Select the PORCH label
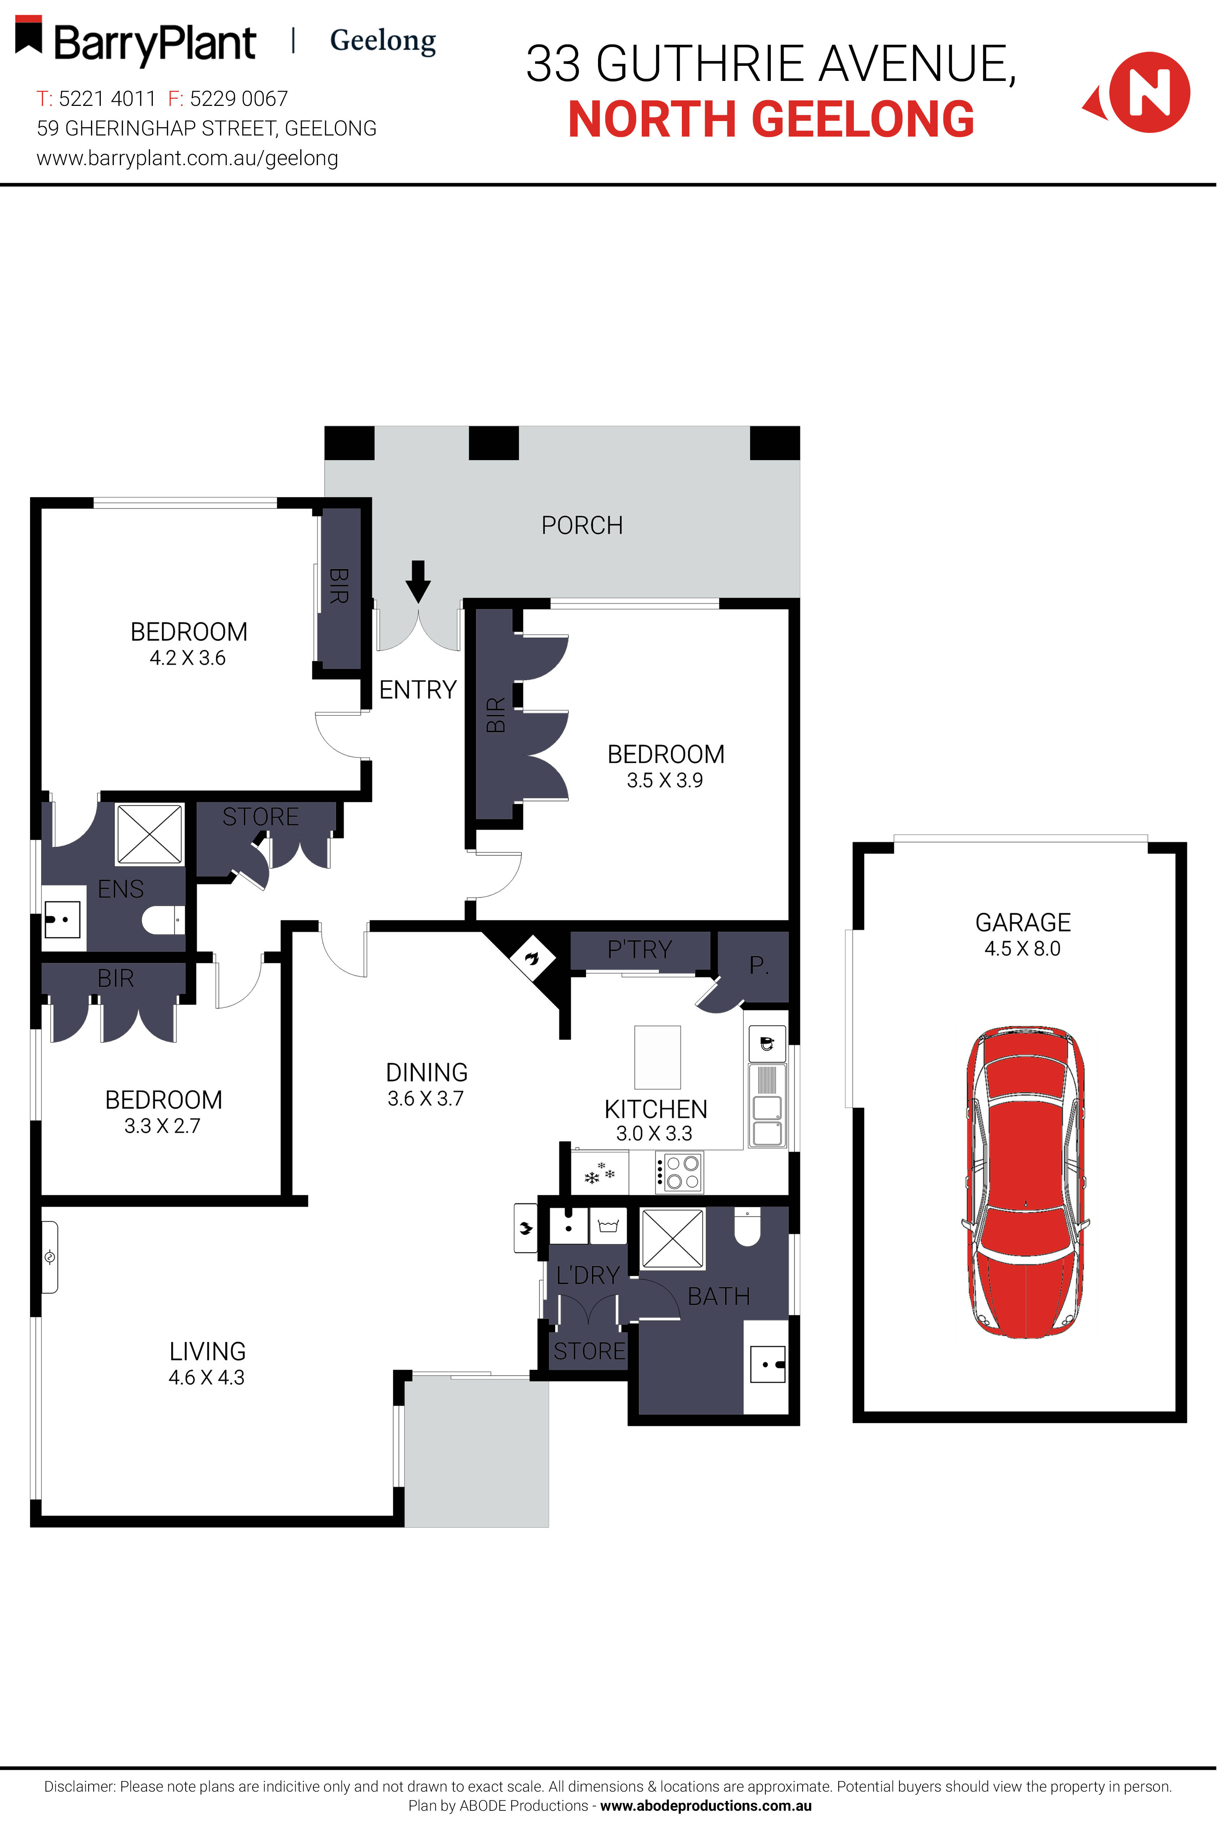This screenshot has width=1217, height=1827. pyautogui.click(x=582, y=525)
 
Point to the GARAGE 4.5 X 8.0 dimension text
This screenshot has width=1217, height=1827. pyautogui.click(x=1022, y=949)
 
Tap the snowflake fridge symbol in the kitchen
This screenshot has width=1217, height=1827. pyautogui.click(x=598, y=1174)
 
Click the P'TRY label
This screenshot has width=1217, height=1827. pyautogui.click(x=640, y=949)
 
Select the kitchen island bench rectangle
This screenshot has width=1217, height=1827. pyautogui.click(x=657, y=1057)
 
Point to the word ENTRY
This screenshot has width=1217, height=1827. pyautogui.click(x=418, y=689)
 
